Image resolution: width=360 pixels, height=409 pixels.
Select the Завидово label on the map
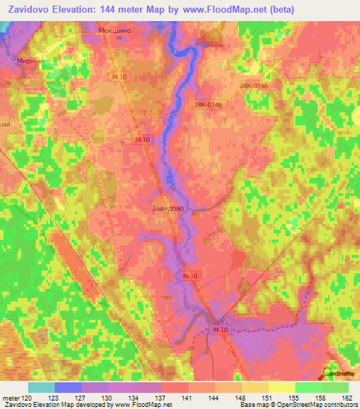point(168,208)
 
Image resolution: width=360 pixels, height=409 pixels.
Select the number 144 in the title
point(133,9)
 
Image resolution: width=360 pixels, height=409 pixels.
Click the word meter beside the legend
point(13,397)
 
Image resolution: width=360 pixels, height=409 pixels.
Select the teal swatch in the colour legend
point(41,387)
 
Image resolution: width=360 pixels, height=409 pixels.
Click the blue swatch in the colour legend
point(68,387)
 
